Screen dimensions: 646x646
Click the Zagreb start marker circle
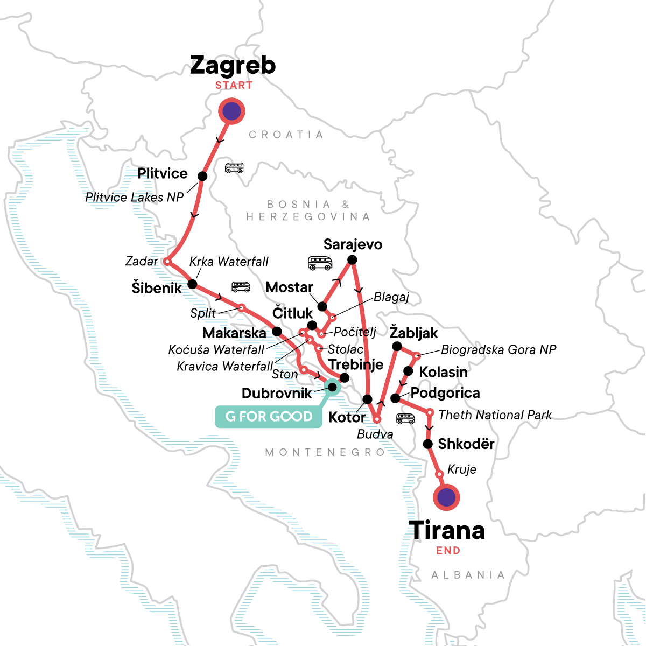pyautogui.click(x=231, y=111)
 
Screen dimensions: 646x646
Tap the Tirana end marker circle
pyautogui.click(x=446, y=497)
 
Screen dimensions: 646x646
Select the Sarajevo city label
pyautogui.click(x=353, y=244)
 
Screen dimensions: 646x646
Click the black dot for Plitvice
pyautogui.click(x=202, y=176)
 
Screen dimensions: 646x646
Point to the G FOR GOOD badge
pyautogui.click(x=269, y=417)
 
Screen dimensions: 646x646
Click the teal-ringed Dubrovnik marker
pyautogui.click(x=332, y=386)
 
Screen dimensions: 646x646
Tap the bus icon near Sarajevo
pyautogui.click(x=320, y=263)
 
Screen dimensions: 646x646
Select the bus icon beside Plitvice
pyautogui.click(x=234, y=168)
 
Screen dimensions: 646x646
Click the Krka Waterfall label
pyautogui.click(x=229, y=262)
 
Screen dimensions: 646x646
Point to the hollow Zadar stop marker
pyautogui.click(x=167, y=262)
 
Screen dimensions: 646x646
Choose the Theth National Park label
pyautogui.click(x=495, y=415)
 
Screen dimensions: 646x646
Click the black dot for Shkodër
pyautogui.click(x=427, y=444)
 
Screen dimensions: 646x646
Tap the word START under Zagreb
pyautogui.click(x=234, y=86)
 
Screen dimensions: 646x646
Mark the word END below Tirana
pyautogui.click(x=448, y=551)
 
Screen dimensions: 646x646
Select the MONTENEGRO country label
pyautogui.click(x=325, y=453)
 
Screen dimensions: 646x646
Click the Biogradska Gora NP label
pyautogui.click(x=498, y=350)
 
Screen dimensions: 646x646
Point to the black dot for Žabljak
pyautogui.click(x=397, y=346)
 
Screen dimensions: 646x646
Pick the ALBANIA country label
pyautogui.click(x=468, y=575)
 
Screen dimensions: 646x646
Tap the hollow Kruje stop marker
pyautogui.click(x=439, y=474)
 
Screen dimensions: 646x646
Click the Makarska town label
pyautogui.click(x=234, y=333)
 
